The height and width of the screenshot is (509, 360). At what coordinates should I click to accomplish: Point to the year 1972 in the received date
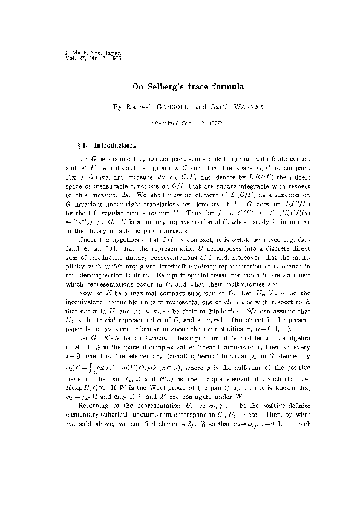pyautogui.click(x=213, y=123)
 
